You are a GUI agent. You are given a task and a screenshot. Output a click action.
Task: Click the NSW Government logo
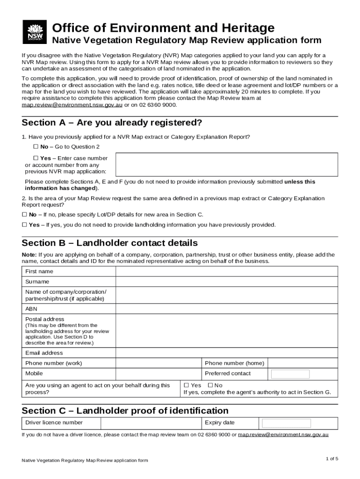34,32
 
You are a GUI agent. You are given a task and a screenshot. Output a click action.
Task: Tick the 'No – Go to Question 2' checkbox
36,147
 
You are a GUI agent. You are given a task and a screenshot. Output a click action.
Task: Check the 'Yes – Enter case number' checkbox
36,158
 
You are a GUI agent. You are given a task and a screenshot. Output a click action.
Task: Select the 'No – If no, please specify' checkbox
25,215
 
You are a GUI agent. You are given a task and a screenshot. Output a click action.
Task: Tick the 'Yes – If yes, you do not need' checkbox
25,225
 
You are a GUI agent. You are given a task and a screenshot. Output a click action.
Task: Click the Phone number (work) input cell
158,363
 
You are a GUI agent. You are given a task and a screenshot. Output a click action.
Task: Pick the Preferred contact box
290,374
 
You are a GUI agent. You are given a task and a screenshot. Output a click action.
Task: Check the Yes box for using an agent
186,385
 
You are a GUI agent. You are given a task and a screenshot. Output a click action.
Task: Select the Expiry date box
286,423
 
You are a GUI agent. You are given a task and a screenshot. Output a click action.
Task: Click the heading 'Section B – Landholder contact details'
110,243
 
